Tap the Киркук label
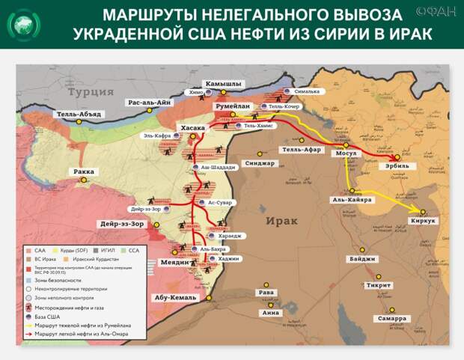click(x=423, y=222)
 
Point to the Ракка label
click(x=83, y=171)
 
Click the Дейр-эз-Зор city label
click(x=121, y=224)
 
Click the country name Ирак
click(x=281, y=221)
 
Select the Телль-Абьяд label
click(x=79, y=115)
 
